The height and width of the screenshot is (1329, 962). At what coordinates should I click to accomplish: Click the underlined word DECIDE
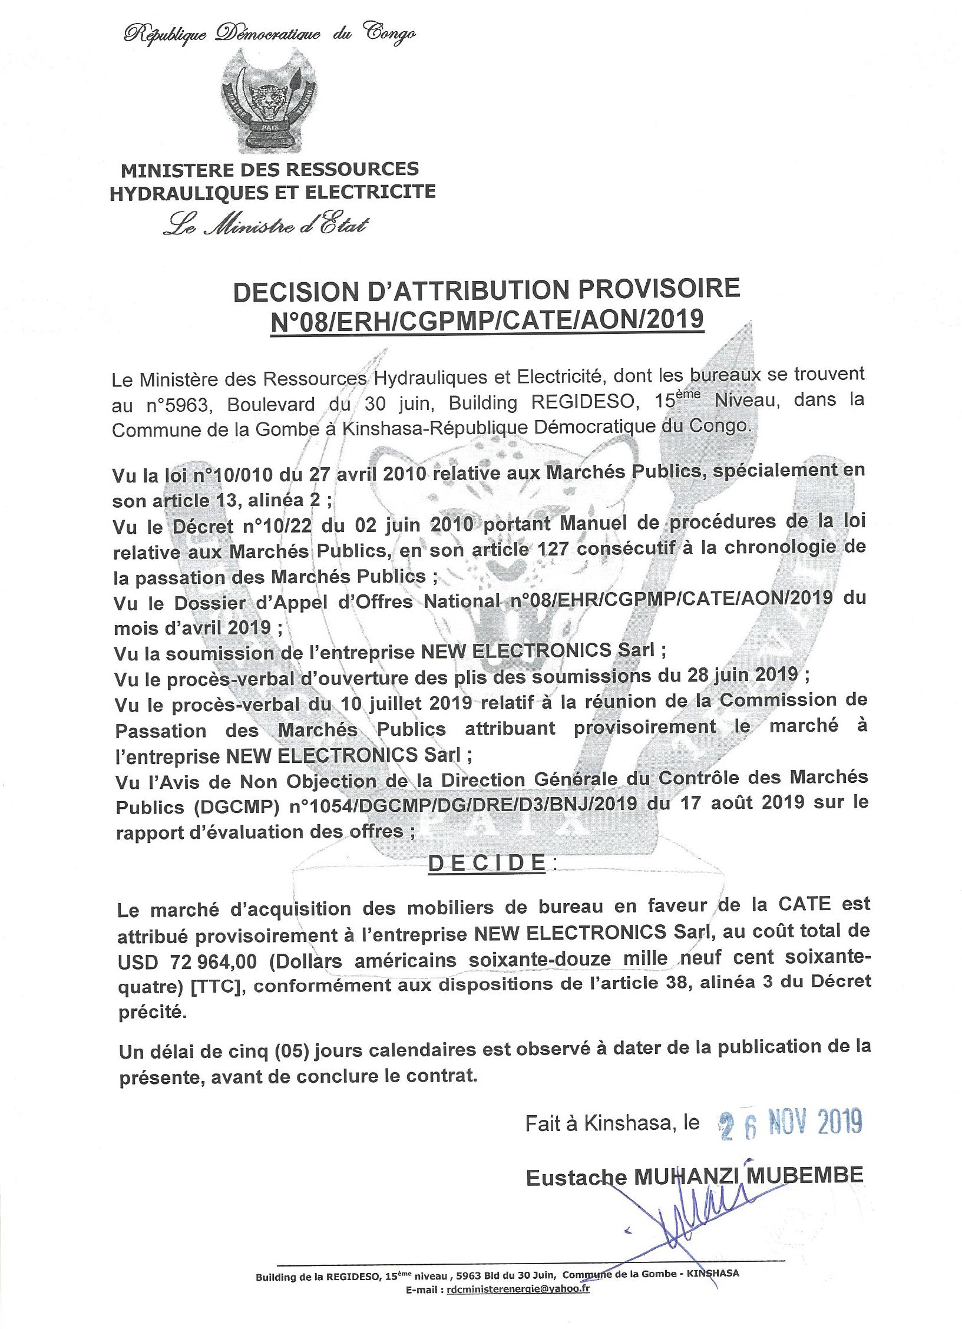coord(486,862)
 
